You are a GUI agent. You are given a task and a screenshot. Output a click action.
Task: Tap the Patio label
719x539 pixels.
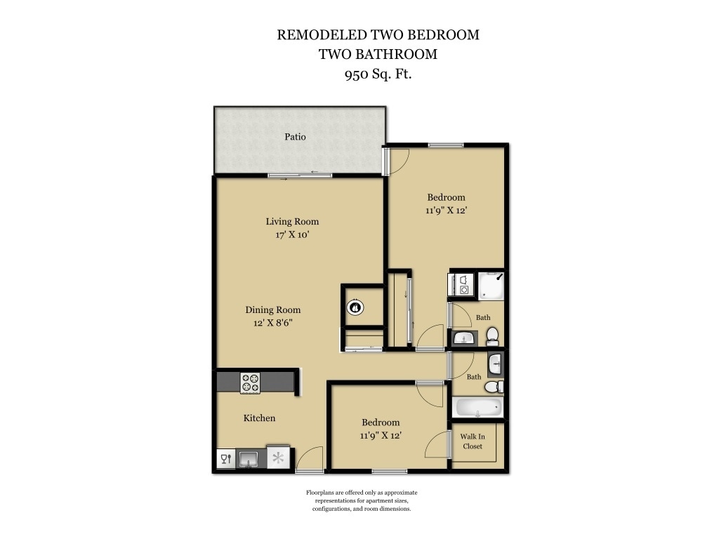click(x=295, y=137)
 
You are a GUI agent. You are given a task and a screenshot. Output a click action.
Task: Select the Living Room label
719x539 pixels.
click(x=292, y=222)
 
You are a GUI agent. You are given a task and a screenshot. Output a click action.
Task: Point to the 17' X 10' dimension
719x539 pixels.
click(x=292, y=235)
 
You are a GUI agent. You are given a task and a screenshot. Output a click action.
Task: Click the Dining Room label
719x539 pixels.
click(x=272, y=310)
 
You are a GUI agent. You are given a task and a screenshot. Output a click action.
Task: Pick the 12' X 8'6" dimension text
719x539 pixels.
click(x=272, y=323)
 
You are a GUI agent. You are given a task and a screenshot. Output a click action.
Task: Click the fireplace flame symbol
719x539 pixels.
click(x=356, y=307)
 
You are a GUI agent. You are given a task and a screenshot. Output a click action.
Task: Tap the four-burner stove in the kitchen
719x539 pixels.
click(x=250, y=382)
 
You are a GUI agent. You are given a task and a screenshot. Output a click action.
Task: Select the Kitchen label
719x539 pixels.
click(x=259, y=418)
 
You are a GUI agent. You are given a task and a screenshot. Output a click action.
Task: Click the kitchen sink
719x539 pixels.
click(x=249, y=459)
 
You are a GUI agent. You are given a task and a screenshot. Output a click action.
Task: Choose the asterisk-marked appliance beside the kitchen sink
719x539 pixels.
click(x=279, y=458)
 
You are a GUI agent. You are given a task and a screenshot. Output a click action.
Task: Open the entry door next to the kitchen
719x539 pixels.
click(x=309, y=461)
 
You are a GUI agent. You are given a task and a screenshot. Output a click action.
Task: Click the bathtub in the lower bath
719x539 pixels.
click(x=477, y=408)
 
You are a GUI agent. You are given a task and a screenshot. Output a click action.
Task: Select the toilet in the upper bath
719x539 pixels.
click(x=492, y=335)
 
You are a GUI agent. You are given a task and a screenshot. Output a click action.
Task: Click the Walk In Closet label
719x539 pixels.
click(x=473, y=441)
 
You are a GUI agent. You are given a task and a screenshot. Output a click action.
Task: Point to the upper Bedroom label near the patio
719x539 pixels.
click(x=446, y=197)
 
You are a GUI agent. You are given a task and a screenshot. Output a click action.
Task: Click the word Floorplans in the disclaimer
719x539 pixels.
click(x=322, y=493)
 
